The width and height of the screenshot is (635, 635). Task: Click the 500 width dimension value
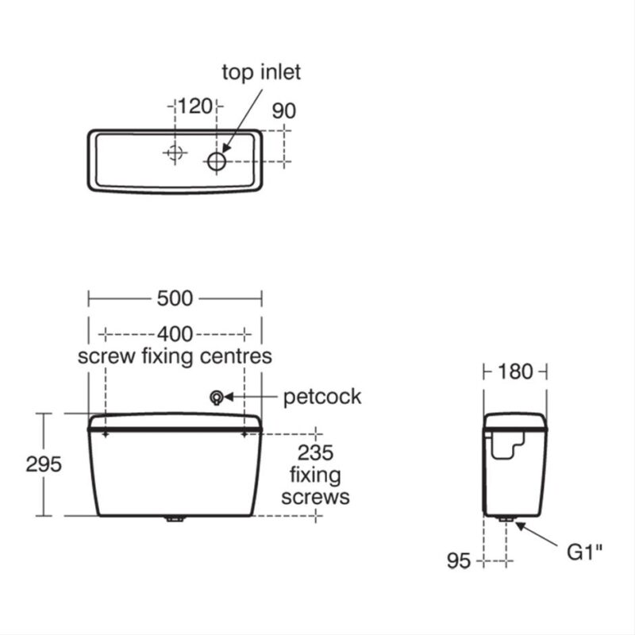[x=175, y=298]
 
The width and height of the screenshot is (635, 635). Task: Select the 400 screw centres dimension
[x=175, y=334]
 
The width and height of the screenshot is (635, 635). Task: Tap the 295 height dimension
[x=44, y=464]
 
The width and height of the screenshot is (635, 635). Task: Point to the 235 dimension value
[x=315, y=452]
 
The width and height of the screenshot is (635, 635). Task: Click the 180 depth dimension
[x=515, y=371]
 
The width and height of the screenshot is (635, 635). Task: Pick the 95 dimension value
[x=459, y=561]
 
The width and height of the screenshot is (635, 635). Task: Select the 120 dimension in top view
[x=195, y=106]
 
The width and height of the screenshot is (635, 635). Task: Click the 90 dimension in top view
[x=284, y=111]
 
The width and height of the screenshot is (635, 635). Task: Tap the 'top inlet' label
[x=261, y=72]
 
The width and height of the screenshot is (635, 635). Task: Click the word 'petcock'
[x=322, y=397]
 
